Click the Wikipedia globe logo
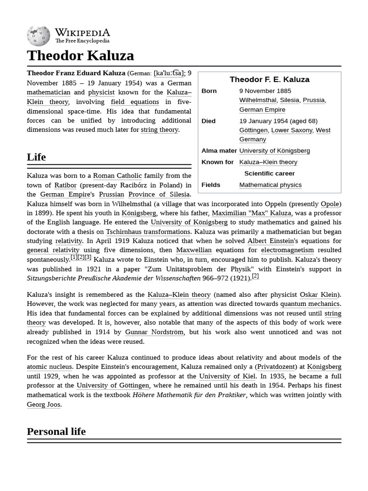pos(38,36)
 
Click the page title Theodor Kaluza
pos(80,56)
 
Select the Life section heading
pos(36,157)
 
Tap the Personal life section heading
pos(56,431)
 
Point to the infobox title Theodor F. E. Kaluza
pos(269,80)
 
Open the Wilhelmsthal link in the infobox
pos(258,100)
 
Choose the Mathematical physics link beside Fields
pos(270,185)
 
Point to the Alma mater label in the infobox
pos(219,151)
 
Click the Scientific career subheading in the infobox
pos(269,173)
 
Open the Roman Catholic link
pos(117,175)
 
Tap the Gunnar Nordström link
pos(154,332)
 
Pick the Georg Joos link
pos(44,404)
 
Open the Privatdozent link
pos(276,367)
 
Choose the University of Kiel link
pos(227,376)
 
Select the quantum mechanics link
pos(310,304)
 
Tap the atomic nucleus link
pos(49,367)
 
